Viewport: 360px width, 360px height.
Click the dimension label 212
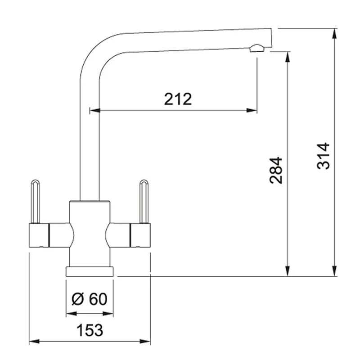178,99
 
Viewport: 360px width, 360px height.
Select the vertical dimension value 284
276,170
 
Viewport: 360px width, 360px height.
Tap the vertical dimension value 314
323,156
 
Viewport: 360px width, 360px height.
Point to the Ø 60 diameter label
90,299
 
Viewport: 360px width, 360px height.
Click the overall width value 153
89,330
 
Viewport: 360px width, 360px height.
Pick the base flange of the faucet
90,271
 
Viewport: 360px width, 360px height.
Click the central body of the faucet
90,234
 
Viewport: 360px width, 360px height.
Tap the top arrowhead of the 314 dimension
335,32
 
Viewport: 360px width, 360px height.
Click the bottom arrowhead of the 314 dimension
335,272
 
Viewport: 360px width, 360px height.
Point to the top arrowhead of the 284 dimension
287,55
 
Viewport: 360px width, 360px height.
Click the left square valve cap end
39,235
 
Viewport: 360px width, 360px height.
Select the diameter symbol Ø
77,299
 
